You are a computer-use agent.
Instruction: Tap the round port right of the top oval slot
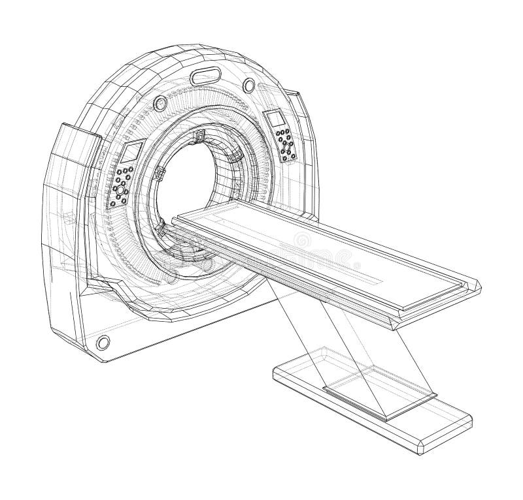coord(249,84)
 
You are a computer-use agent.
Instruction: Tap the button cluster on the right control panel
coord(286,145)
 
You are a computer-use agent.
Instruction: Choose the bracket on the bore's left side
coord(158,174)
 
